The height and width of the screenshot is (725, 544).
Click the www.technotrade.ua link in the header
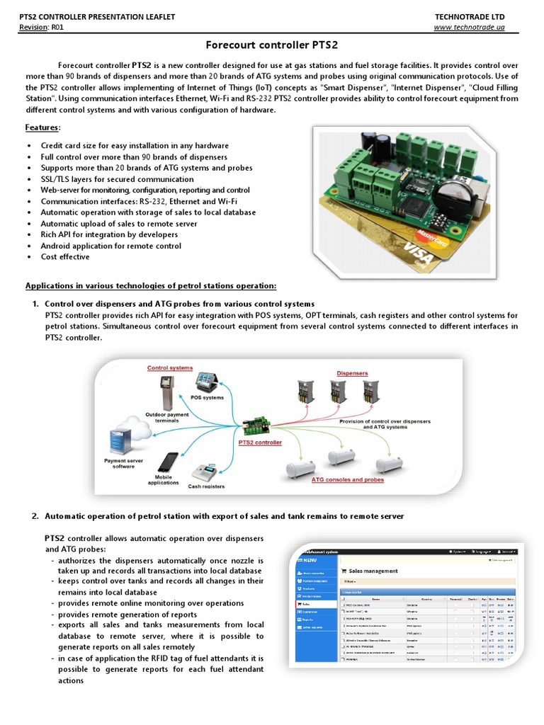[470, 27]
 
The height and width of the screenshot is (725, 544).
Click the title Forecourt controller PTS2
[272, 45]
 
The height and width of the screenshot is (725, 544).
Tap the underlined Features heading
[42, 127]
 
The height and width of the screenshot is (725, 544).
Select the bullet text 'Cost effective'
[65, 257]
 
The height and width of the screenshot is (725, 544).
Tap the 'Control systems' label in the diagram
[170, 368]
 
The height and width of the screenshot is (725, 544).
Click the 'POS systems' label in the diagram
[208, 398]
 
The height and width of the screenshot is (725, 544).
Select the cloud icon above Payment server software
[124, 433]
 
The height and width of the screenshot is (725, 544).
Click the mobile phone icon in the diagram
[167, 462]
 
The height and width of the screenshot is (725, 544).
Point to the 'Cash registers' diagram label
[206, 486]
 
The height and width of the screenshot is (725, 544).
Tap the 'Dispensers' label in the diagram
[353, 372]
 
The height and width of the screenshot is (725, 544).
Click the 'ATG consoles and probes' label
[348, 479]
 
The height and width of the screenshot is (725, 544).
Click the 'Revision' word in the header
[34, 27]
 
